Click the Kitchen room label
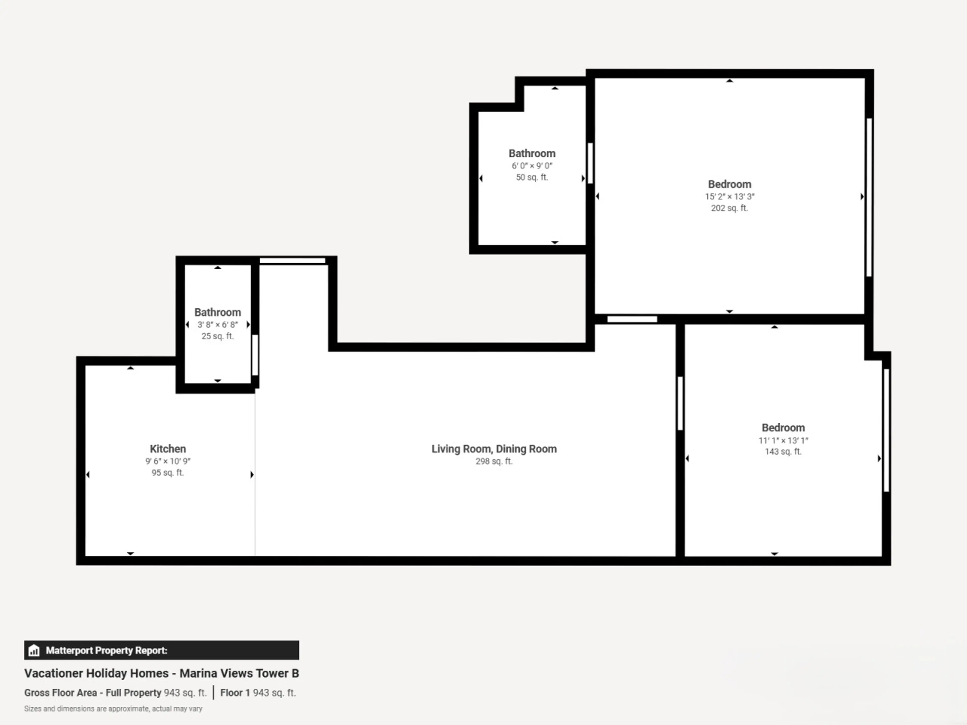point(168,449)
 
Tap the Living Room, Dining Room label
point(494,449)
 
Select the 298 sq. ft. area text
point(494,461)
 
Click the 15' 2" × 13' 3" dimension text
point(730,197)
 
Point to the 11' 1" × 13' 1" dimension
point(783,441)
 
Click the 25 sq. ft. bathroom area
point(217,336)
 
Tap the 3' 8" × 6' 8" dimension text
point(217,325)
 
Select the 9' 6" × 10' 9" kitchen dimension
point(168,461)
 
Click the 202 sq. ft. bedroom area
point(730,208)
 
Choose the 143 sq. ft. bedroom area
point(783,451)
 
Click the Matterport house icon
point(34,650)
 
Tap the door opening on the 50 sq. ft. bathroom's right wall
point(590,163)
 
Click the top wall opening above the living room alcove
point(292,261)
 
